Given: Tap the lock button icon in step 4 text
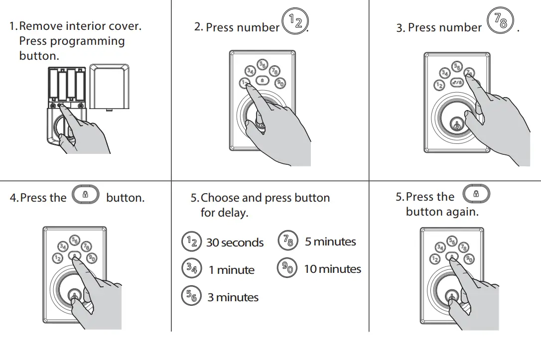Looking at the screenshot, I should click(x=86, y=195).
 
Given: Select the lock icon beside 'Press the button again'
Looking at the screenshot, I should click(x=476, y=193).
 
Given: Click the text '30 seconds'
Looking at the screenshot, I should click(x=235, y=243).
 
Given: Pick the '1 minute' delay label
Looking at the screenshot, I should click(x=231, y=270).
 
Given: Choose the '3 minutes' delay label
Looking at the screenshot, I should click(x=233, y=298).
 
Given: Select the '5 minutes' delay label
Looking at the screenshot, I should click(x=330, y=242).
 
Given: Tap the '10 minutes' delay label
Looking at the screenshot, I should click(x=332, y=269).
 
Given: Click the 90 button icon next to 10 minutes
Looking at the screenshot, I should click(x=287, y=268).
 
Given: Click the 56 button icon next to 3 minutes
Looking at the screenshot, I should click(x=191, y=297).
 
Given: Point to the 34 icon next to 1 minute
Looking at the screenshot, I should click(x=191, y=269).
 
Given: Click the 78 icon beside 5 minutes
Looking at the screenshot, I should click(x=287, y=241).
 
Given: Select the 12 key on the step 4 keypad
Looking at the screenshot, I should click(x=58, y=258).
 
